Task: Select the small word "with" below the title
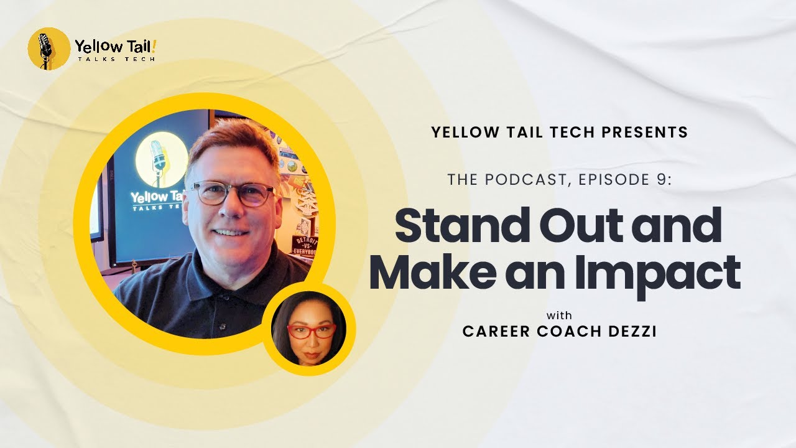click(x=559, y=315)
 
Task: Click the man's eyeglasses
click(x=232, y=194)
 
